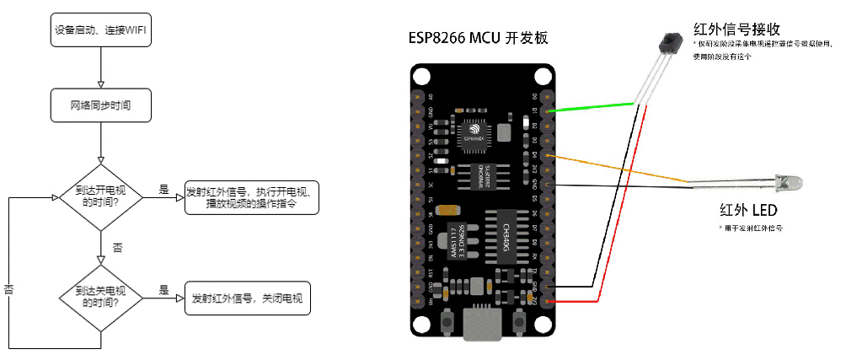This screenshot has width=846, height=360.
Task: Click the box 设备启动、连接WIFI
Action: [100, 32]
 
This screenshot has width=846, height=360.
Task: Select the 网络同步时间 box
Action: [100, 106]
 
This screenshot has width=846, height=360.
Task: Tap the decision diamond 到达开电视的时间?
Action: [100, 196]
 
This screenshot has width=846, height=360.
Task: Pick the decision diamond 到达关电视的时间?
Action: [100, 297]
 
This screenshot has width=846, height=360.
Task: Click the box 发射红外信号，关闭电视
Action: [247, 298]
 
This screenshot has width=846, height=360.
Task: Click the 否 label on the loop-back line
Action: [9, 289]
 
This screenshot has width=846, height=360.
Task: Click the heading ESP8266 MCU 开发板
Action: [479, 38]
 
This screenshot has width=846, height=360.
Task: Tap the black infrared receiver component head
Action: [670, 40]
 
